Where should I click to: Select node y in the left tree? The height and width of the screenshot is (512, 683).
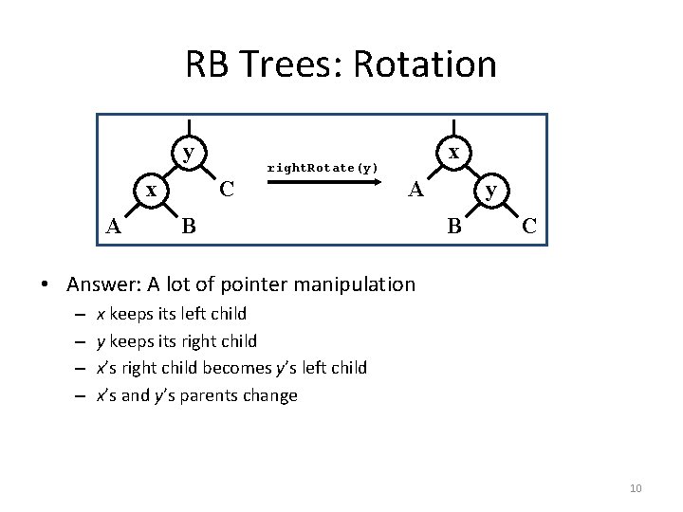(190, 152)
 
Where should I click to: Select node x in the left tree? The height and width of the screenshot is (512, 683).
(150, 190)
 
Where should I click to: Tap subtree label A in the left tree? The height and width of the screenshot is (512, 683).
(113, 226)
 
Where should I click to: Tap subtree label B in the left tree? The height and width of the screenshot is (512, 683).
(189, 226)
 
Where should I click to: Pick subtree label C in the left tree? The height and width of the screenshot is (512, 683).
(227, 189)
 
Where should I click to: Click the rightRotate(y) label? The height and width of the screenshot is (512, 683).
(323, 168)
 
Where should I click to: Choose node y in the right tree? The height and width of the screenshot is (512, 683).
(489, 190)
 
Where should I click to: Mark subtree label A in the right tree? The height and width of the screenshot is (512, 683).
(415, 190)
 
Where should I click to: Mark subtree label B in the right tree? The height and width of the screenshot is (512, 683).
(454, 226)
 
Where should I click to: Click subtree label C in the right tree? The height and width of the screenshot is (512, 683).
(529, 226)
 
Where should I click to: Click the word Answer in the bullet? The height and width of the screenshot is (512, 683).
(98, 284)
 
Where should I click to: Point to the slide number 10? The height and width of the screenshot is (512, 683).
(636, 488)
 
